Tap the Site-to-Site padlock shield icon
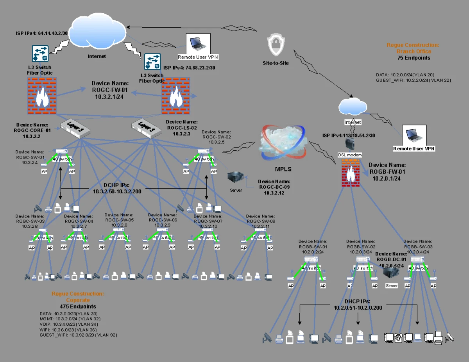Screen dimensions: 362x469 [x=276, y=45]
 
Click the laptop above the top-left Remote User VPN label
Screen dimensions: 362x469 [x=198, y=43]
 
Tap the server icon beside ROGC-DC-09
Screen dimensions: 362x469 [x=236, y=179]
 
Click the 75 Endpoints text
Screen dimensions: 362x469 [x=414, y=58]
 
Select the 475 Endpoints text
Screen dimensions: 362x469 [x=78, y=307]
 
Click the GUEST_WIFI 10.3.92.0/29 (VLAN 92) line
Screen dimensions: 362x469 [x=78, y=335]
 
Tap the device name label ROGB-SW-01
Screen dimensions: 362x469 [x=313, y=247]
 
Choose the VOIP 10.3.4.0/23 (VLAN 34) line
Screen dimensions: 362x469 [x=68, y=324]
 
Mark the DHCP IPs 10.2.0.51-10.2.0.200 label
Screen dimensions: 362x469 [x=358, y=305]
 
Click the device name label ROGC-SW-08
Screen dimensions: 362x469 [x=261, y=221]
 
